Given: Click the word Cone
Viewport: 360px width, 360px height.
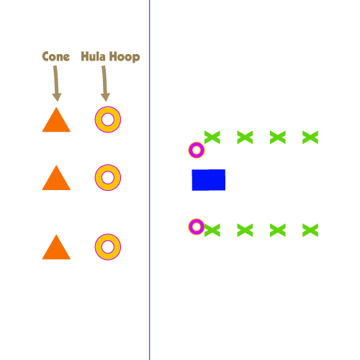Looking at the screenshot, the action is (56, 56).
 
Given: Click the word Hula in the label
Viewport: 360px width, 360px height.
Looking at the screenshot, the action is (93, 56).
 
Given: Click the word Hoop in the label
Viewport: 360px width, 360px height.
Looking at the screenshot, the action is (125, 57).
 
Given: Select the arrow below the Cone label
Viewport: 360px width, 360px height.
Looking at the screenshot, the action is (56, 84).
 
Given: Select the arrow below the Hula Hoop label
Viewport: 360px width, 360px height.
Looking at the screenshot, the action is (105, 84).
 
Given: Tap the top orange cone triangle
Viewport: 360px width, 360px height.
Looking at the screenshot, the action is (56, 120).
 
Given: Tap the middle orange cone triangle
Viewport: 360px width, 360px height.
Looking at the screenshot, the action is (56, 178).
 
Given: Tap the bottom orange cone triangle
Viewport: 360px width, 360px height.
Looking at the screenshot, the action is (56, 247).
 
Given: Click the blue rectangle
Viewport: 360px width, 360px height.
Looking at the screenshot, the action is (209, 180).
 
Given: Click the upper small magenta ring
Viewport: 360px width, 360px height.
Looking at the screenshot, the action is (191, 150).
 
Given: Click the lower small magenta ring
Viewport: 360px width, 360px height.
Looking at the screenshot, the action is (191, 227).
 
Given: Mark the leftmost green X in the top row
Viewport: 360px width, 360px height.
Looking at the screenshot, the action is (212, 138).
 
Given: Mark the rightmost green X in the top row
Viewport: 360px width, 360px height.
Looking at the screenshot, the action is (310, 138).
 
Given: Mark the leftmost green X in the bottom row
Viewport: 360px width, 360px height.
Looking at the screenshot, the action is (212, 230).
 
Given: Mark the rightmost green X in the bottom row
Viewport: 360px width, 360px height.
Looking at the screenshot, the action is (310, 230).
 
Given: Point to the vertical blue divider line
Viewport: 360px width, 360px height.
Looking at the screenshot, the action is (149, 180).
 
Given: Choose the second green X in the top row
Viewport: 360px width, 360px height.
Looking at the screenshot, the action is (245, 138).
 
